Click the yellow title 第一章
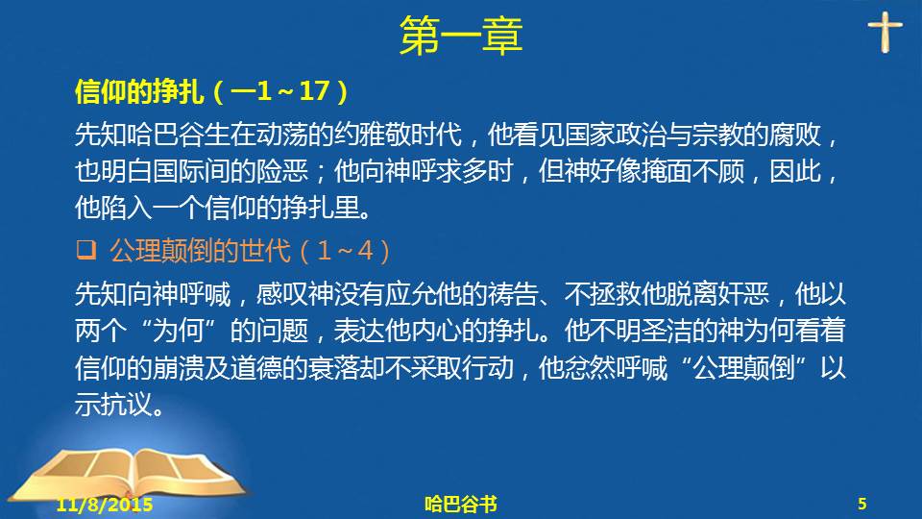461,36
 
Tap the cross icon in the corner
885,33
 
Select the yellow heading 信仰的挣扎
139,92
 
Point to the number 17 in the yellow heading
314,91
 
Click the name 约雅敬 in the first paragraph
373,135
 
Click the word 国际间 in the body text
190,171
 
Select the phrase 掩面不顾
692,171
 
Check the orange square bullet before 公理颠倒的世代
85,250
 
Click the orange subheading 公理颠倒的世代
200,251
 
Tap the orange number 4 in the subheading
365,251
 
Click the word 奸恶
743,293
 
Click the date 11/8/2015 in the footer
105,505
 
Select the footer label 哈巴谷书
461,505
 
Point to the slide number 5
862,504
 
